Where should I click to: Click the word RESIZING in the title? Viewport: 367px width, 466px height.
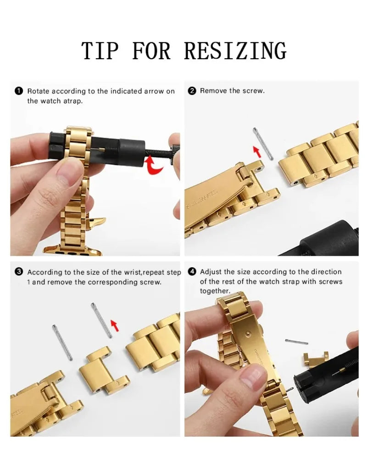click(235, 51)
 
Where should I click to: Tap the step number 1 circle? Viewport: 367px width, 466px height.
click(18, 91)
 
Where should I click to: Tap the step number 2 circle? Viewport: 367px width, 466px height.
click(192, 91)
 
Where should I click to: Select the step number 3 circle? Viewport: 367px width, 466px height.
click(19, 272)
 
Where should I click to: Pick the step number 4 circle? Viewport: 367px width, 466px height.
click(192, 272)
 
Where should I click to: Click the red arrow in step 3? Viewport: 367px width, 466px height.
click(115, 326)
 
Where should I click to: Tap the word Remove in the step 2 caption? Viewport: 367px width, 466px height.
click(213, 91)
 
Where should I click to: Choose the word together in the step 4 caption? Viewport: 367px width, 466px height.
click(214, 291)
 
